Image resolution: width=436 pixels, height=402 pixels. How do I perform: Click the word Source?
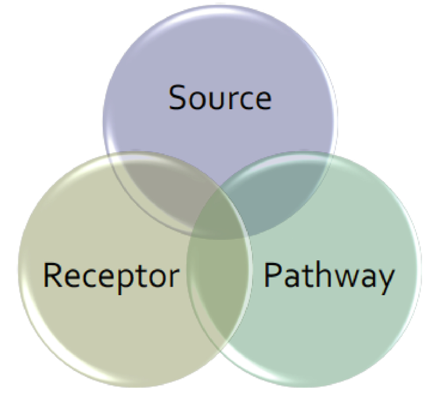pos(219,97)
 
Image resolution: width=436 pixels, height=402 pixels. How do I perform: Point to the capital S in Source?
pos(178,97)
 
